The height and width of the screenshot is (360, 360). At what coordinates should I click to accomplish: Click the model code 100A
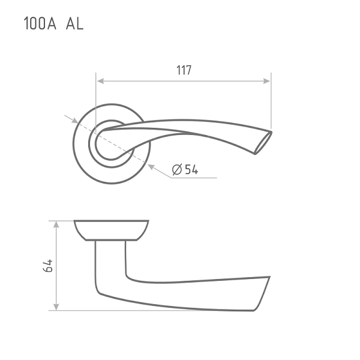coord(40,23)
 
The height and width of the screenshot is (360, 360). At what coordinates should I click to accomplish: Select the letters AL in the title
coord(74,23)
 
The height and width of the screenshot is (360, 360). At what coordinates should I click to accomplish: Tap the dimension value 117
coord(184,70)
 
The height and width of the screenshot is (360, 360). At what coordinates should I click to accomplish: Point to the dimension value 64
coord(48,266)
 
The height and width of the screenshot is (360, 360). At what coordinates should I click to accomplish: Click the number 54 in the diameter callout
coord(191,169)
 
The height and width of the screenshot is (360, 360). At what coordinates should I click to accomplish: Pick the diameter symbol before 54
coord(177,169)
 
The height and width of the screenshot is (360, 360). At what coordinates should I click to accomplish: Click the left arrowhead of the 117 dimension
coord(101,81)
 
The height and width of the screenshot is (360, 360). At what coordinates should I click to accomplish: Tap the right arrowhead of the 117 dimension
coord(266,81)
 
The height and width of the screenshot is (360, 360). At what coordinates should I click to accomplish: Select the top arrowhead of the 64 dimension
coord(56,224)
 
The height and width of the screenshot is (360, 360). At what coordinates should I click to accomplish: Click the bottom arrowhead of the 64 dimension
coord(56,307)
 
